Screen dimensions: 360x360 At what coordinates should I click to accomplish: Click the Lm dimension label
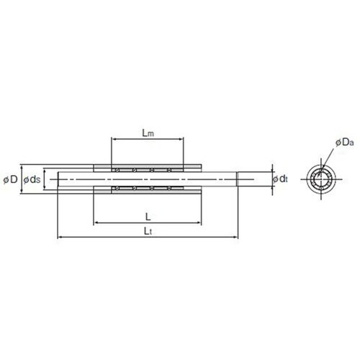(x=148, y=133)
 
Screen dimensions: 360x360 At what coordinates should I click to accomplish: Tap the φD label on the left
(x=11, y=179)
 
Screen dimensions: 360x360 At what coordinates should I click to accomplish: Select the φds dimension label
(x=32, y=179)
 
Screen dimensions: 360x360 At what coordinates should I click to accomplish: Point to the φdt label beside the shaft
(x=280, y=179)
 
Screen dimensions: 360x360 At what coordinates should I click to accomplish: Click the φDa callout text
(x=345, y=143)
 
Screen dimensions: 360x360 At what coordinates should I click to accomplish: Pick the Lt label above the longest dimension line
(x=148, y=231)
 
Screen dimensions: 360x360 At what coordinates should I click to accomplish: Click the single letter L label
(x=148, y=217)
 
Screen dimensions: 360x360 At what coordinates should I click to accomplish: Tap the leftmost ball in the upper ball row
(x=117, y=171)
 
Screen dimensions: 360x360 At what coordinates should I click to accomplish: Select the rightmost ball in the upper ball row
(x=169, y=171)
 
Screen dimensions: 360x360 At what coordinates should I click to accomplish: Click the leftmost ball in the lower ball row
(x=117, y=188)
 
